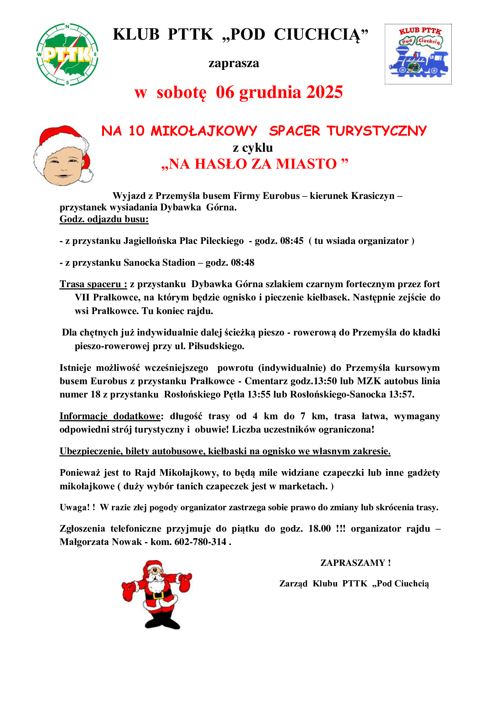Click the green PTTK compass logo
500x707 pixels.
tap(67, 54)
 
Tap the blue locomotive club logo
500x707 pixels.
tap(418, 54)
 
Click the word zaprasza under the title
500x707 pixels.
tap(234, 63)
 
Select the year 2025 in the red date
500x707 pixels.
tap(324, 92)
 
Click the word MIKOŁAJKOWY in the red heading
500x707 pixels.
tap(203, 131)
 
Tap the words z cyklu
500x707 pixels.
tap(253, 148)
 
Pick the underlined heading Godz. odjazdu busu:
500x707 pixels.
tap(104, 219)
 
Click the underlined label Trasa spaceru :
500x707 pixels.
tap(93, 284)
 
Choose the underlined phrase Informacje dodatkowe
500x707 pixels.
tap(110, 416)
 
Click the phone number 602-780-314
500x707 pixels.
tap(200, 542)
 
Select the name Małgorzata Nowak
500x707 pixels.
tap(101, 542)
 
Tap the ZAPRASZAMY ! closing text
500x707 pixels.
tap(356, 563)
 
